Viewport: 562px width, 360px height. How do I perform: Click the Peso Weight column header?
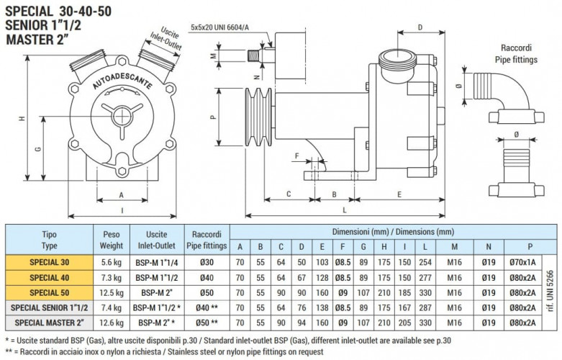[111, 240]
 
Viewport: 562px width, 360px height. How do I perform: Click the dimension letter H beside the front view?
[23, 119]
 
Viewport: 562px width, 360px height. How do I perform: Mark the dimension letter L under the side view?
[345, 210]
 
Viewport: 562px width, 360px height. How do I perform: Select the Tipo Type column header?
[50, 240]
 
